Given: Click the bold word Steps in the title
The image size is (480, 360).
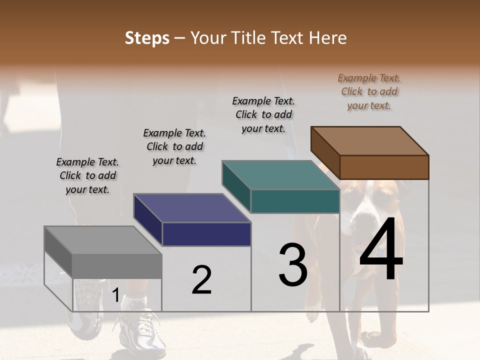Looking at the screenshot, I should (x=147, y=38).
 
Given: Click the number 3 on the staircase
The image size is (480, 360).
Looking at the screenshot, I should (x=292, y=265).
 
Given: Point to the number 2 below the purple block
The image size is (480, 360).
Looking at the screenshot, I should (x=201, y=280).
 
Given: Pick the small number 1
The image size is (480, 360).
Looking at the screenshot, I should (x=115, y=295).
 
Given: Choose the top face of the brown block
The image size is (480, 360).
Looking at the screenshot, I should (x=369, y=140).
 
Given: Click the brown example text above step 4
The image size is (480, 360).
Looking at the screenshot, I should (x=369, y=92).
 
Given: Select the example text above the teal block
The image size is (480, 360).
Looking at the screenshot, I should (x=263, y=114).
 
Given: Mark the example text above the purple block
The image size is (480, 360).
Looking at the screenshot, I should (x=174, y=146).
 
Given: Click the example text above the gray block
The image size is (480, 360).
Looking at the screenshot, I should (x=87, y=175).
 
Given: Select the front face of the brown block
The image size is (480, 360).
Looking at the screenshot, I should (x=384, y=167).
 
